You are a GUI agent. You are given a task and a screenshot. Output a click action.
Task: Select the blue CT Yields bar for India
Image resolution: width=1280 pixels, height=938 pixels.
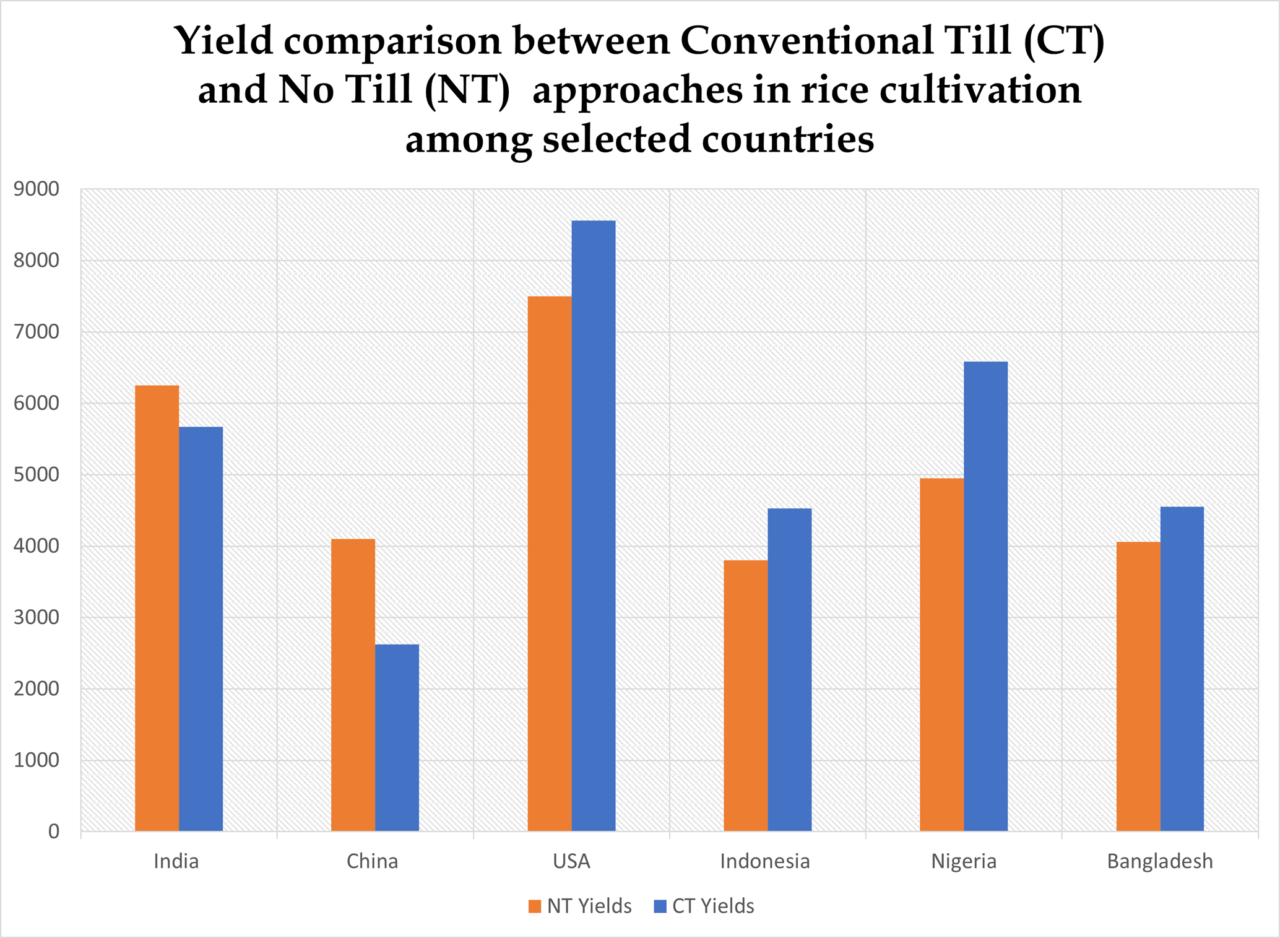point(201,628)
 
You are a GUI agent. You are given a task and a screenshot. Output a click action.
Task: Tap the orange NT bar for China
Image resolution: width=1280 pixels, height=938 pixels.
point(353,685)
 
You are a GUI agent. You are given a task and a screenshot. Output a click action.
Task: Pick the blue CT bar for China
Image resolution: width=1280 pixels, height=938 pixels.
point(397,737)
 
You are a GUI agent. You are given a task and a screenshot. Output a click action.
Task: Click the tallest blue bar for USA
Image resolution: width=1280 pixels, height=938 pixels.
point(594,526)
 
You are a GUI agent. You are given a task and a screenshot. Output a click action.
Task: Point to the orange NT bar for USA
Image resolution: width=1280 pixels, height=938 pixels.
point(550,563)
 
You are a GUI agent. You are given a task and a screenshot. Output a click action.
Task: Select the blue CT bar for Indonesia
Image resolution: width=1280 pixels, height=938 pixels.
point(789,669)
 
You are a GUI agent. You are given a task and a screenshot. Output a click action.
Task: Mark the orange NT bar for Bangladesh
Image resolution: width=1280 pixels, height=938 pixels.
point(1138,686)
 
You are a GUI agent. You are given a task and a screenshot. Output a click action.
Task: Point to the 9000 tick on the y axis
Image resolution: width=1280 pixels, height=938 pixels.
point(37,189)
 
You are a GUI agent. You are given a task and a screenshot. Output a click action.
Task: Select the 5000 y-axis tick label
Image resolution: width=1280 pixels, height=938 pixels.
point(37,475)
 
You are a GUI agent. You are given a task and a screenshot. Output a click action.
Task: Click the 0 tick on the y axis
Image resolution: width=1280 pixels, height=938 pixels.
point(54,832)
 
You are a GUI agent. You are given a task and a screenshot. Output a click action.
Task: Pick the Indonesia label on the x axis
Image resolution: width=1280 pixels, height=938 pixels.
point(765,861)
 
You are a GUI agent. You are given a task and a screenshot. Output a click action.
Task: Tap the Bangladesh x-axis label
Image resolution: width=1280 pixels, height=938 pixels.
point(1160,861)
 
